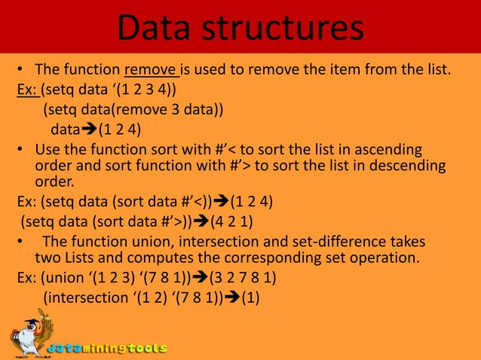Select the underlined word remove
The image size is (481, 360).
pyautogui.click(x=151, y=72)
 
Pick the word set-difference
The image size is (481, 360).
pyautogui.click(x=351, y=243)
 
